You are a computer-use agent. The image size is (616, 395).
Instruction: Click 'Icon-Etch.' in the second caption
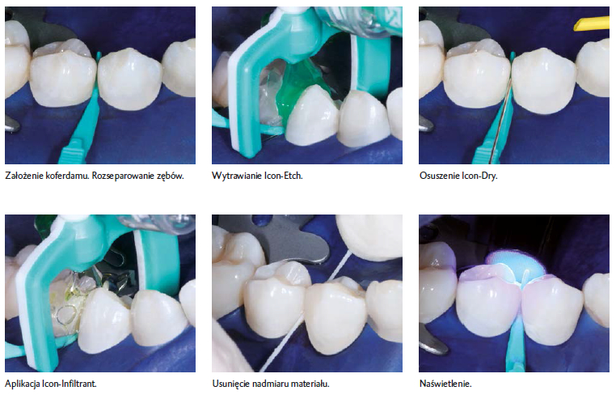[283, 176]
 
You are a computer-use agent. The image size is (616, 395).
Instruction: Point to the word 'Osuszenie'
[439, 176]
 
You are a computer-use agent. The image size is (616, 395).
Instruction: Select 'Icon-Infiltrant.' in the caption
[70, 383]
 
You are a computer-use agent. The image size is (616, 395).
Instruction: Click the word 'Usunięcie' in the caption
[230, 384]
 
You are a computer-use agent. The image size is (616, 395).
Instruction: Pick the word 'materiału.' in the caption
[308, 383]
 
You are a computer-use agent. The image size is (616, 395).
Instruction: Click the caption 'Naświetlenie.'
[445, 383]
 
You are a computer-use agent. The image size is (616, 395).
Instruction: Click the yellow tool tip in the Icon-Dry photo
[591, 23]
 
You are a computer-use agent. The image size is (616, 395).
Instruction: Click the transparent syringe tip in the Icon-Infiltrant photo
[157, 224]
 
